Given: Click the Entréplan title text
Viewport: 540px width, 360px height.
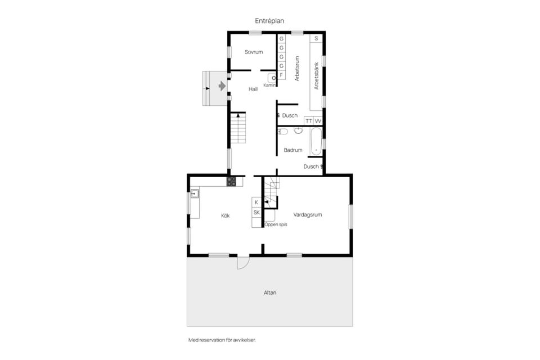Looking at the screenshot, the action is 269,21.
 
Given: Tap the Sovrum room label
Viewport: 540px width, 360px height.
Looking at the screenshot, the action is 254,52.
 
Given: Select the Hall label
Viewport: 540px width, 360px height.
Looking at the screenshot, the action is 253,89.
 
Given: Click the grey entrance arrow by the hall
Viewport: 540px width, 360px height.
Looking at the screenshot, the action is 222,85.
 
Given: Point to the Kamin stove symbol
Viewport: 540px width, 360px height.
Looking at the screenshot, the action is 272,78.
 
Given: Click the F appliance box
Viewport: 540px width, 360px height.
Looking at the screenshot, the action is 281,75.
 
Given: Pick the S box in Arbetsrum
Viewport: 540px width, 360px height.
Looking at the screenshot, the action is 316,39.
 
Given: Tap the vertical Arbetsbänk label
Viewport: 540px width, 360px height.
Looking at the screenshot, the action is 316,76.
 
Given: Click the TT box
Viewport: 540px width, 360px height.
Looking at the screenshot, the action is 309,121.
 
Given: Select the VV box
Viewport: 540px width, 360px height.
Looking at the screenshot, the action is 317,121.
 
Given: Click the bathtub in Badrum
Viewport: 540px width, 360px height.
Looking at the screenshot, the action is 316,142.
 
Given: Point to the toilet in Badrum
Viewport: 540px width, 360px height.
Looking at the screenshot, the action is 283,132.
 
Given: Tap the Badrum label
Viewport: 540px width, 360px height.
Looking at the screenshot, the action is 293,150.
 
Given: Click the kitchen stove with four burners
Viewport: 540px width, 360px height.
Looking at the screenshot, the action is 231,182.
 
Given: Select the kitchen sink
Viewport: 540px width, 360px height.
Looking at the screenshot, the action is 195,193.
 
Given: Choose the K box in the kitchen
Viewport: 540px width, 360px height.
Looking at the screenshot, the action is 256,202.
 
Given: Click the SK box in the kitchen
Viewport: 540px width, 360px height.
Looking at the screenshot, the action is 256,213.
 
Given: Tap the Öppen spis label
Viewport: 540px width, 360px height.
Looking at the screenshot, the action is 276,224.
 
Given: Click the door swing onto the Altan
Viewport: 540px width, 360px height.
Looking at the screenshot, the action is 243,263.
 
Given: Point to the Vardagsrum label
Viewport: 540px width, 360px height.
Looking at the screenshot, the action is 308,215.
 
